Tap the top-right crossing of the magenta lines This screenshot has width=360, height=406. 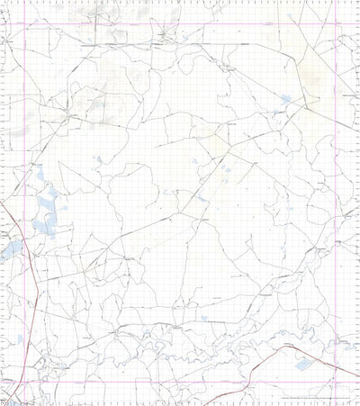tap(336, 23)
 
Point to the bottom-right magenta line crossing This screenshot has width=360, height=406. tap(336, 382)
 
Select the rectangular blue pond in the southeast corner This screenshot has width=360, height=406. tap(302, 365)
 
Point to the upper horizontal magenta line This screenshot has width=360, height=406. tap(180, 23)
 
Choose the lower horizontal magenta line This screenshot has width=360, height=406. tap(180, 382)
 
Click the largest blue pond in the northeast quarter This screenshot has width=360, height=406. tap(286, 99)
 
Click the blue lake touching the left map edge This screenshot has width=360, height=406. tap(11, 248)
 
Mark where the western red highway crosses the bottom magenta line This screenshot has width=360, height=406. tap(40, 382)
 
